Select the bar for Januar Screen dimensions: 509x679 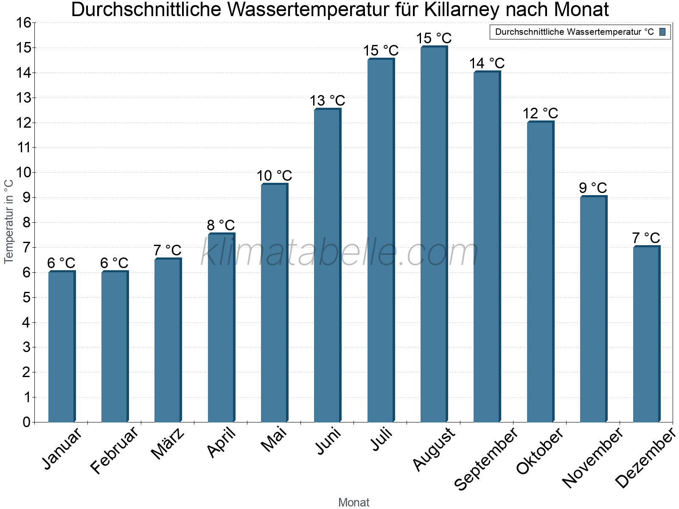pyautogui.click(x=62, y=347)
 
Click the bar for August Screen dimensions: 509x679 pyautogui.click(x=434, y=234)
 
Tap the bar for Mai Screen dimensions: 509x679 pyautogui.click(x=274, y=303)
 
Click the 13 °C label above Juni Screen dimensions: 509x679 pyautogui.click(x=327, y=101)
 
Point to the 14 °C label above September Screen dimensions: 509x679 pyautogui.click(x=487, y=64)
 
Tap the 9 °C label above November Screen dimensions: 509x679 pyautogui.click(x=593, y=188)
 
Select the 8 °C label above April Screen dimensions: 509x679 pyautogui.click(x=221, y=225)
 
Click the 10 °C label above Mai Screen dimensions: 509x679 pyautogui.click(x=274, y=176)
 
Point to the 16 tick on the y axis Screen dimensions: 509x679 pyautogui.click(x=24, y=23)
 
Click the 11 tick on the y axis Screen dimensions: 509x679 pyautogui.click(x=24, y=148)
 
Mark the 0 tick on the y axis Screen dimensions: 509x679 pyautogui.click(x=26, y=422)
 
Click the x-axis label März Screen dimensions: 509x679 pyautogui.click(x=168, y=444)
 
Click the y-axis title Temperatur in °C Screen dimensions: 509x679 pyautogui.click(x=9, y=221)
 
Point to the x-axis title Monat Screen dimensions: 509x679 pyautogui.click(x=354, y=502)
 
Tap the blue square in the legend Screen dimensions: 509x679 pyautogui.click(x=662, y=32)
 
